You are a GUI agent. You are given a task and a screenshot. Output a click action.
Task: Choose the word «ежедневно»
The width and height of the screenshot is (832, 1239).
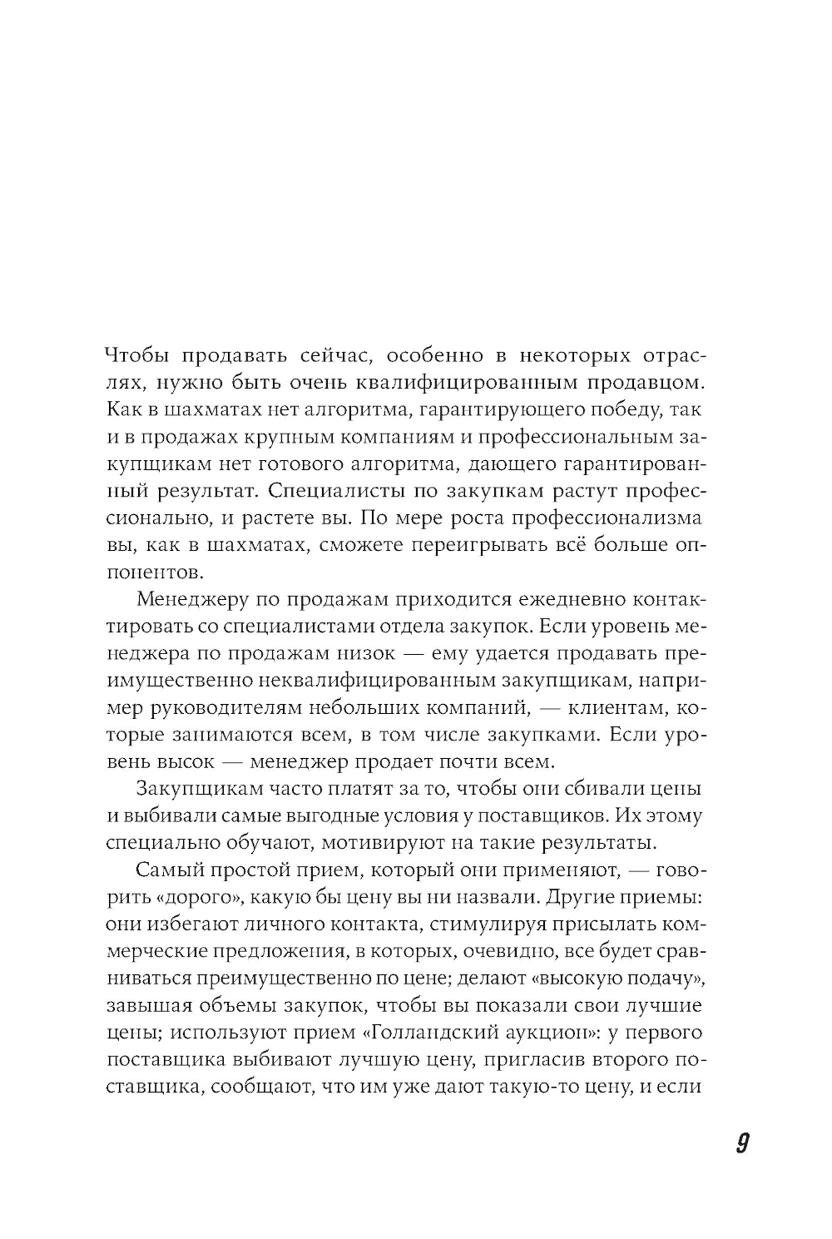[x=570, y=599]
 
